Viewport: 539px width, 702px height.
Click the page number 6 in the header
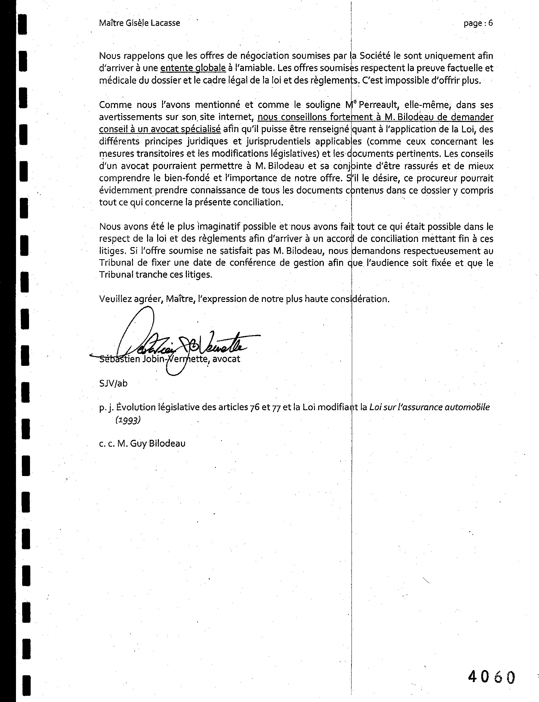(x=490, y=23)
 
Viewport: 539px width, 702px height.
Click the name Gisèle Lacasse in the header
(x=152, y=23)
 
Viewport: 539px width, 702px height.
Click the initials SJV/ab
(x=113, y=383)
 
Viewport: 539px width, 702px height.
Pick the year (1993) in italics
(x=128, y=420)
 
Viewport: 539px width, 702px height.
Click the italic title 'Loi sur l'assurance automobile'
(x=429, y=407)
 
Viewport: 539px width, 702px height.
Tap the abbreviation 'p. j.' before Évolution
(x=106, y=408)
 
